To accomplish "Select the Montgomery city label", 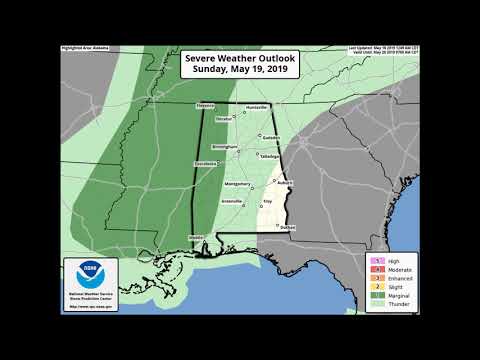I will (238, 184).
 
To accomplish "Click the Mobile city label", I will (196, 237).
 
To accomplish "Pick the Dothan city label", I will (288, 228).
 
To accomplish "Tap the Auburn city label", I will (284, 183).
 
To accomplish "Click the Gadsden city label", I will (273, 137).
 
